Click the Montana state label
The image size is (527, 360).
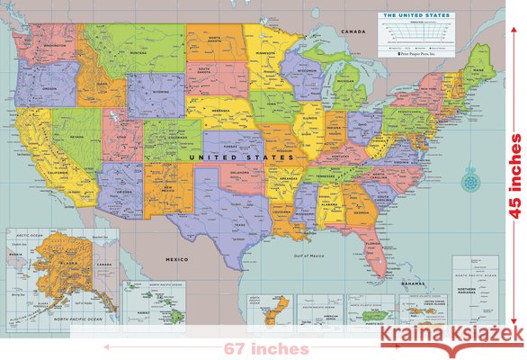[x=138, y=53]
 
